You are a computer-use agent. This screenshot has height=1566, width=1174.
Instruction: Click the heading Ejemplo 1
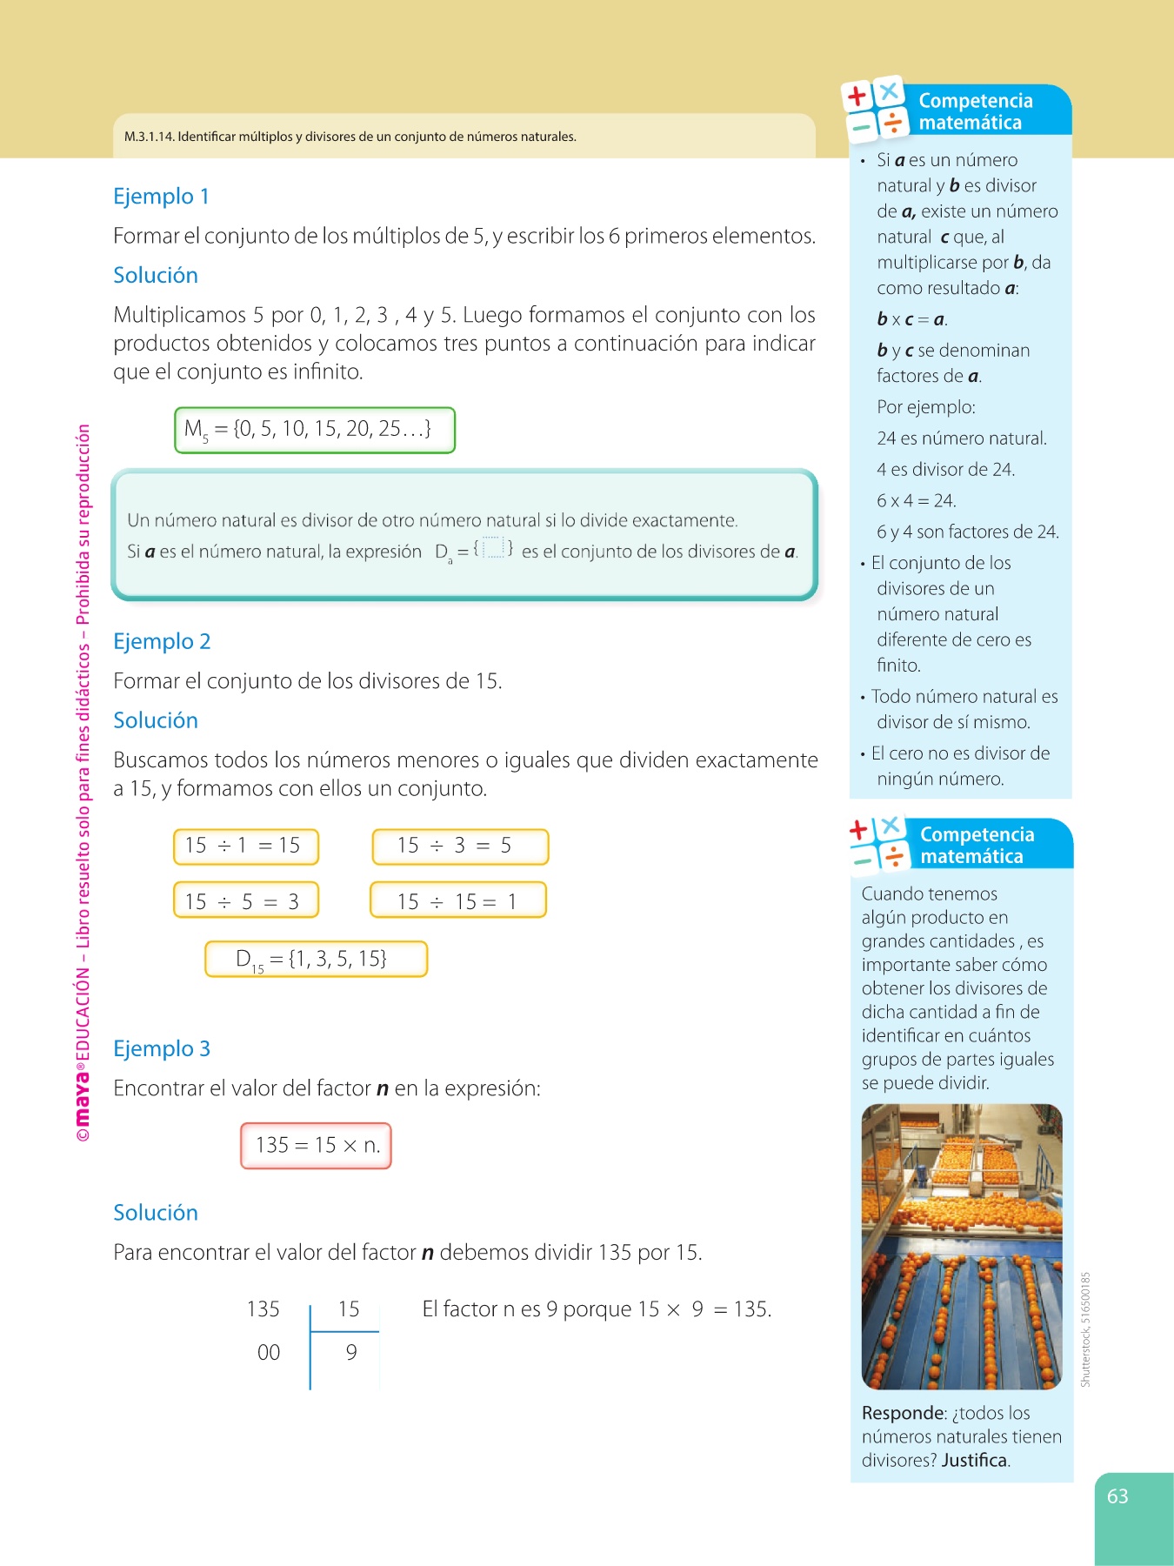(161, 197)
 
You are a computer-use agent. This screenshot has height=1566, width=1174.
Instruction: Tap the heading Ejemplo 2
(162, 642)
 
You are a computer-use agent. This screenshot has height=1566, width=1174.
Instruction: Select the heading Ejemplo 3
(162, 1049)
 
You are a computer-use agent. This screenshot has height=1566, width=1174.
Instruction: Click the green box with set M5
(314, 430)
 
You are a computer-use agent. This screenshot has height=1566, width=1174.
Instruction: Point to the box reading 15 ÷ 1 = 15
(245, 847)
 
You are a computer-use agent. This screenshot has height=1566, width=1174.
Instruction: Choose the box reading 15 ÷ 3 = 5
(460, 847)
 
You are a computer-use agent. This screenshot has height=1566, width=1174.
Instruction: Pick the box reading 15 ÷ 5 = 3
(245, 901)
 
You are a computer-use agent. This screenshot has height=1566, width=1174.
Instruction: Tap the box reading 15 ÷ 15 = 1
(458, 901)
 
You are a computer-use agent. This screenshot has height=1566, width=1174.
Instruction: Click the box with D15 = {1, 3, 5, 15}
(316, 960)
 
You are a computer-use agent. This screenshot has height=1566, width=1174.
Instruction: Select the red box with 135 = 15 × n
(316, 1146)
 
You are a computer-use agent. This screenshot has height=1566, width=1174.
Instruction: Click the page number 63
(1117, 1496)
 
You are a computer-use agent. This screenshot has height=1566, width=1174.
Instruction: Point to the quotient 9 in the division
(351, 1353)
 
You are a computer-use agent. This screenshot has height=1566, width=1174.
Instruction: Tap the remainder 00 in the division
(269, 1353)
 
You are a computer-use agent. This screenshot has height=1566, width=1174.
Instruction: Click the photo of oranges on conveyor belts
(961, 1246)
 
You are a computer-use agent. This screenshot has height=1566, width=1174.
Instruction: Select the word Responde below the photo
(903, 1413)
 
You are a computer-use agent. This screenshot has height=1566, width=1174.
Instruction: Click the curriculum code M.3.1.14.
(149, 137)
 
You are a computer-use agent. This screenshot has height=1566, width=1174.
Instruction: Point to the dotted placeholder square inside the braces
(493, 548)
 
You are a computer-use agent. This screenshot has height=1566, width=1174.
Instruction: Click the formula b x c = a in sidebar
(911, 320)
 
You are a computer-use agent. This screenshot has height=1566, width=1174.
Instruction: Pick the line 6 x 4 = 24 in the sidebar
(916, 501)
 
